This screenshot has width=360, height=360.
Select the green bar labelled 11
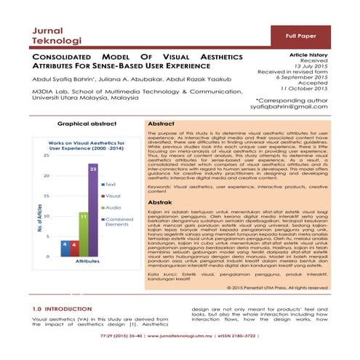click(x=83, y=233)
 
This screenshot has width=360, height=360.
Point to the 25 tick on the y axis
click(x=47, y=155)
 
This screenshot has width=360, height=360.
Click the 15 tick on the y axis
click(x=47, y=196)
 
